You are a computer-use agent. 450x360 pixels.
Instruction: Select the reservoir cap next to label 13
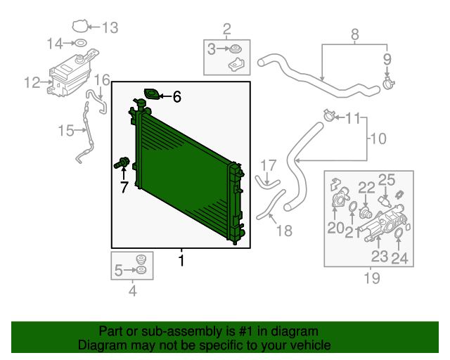click(82, 27)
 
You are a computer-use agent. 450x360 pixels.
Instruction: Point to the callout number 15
click(65, 130)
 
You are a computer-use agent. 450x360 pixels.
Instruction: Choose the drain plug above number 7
click(122, 165)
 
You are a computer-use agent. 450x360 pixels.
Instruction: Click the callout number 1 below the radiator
click(181, 262)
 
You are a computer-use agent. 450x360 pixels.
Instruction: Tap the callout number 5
click(118, 269)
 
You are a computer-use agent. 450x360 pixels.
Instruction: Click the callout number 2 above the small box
click(226, 29)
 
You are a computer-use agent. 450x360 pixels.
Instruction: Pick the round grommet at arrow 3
click(233, 49)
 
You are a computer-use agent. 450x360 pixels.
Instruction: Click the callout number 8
click(354, 33)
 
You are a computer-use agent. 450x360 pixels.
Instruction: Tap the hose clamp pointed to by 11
click(328, 115)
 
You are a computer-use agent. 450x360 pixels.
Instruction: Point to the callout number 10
click(378, 139)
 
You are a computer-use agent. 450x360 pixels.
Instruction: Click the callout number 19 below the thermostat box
click(371, 278)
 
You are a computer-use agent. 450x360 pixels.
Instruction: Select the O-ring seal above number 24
click(397, 232)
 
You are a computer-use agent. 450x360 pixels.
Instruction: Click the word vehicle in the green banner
click(306, 345)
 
